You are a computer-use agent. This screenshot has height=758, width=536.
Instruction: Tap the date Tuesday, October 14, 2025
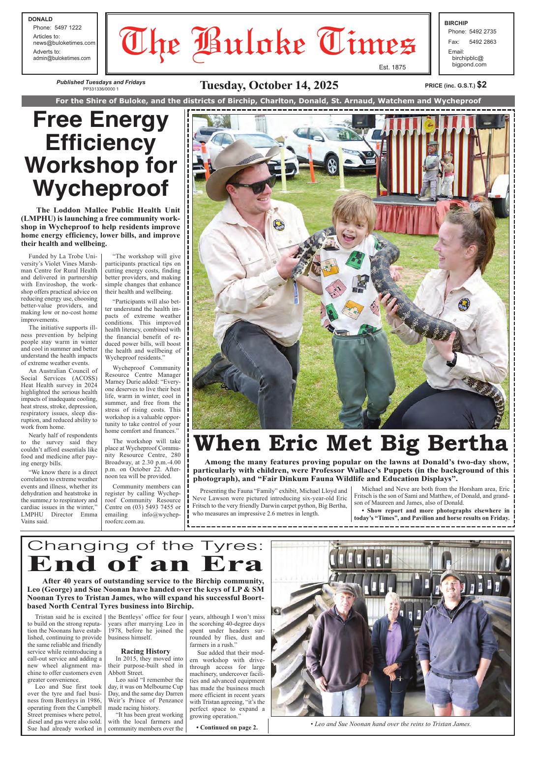click(x=269, y=85)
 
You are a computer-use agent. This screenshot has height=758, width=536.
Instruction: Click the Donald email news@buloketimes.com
click(x=64, y=43)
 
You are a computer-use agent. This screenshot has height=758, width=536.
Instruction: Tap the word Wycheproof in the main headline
click(x=101, y=187)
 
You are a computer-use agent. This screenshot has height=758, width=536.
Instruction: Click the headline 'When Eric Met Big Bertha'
click(x=351, y=444)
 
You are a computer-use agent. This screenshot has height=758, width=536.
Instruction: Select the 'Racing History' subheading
click(x=146, y=651)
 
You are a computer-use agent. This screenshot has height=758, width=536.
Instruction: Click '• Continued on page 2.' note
click(x=226, y=728)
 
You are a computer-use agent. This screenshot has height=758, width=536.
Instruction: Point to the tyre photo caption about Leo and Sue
click(x=391, y=724)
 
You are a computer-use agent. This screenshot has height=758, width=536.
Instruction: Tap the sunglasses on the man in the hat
click(x=253, y=185)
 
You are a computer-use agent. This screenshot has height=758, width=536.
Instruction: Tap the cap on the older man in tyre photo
click(x=348, y=589)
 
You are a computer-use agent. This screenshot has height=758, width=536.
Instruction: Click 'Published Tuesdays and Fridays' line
click(x=101, y=82)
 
